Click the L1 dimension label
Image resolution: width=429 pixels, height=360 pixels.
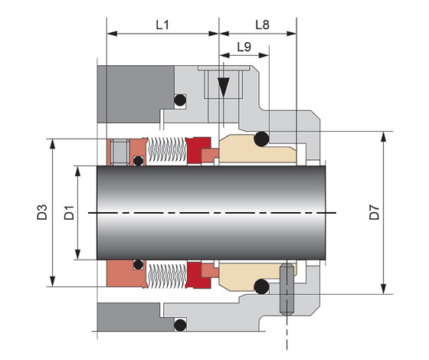[162, 25]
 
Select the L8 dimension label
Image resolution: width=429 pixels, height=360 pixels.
[262, 25]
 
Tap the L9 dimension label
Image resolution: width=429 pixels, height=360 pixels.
[244, 47]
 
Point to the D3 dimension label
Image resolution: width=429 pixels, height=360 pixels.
[42, 212]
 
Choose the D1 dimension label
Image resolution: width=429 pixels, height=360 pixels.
[69, 213]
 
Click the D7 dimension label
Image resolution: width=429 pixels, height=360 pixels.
[375, 212]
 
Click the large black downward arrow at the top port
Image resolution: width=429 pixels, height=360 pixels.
[224, 87]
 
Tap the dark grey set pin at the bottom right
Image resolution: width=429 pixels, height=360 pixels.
[287, 289]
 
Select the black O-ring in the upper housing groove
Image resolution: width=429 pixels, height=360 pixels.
[180, 100]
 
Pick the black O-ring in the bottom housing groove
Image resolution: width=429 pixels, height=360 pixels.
[180, 325]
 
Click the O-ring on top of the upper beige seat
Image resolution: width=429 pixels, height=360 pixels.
[261, 139]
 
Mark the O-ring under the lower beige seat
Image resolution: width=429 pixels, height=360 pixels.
[261, 286]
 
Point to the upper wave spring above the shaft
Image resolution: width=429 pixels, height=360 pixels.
[167, 151]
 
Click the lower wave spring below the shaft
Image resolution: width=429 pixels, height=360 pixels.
[167, 275]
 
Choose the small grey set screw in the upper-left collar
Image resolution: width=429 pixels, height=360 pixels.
[120, 152]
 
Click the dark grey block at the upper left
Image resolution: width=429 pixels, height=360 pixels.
[136, 93]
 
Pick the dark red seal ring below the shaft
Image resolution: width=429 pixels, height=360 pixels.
[198, 275]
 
